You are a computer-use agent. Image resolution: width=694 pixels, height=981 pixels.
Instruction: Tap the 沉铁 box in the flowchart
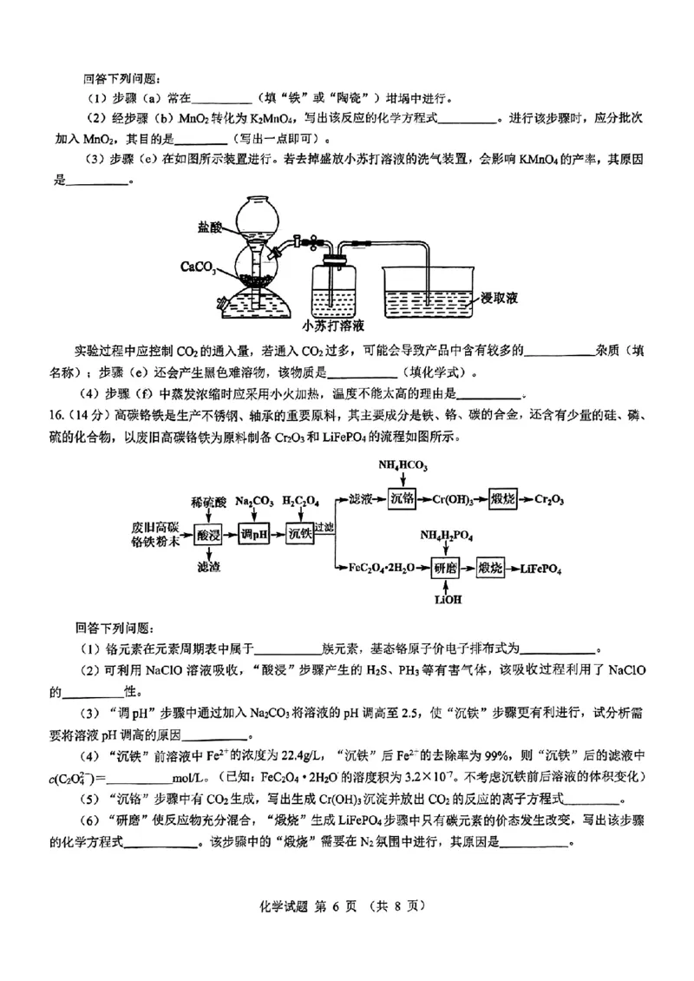coord(299,537)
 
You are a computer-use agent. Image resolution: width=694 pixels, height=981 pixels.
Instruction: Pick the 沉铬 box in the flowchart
coord(403,499)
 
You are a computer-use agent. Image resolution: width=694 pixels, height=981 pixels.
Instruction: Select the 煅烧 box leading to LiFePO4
coord(491,569)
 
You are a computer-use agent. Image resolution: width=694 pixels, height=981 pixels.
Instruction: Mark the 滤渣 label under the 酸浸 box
coord(209,569)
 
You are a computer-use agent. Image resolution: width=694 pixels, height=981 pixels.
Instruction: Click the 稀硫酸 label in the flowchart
coord(209,502)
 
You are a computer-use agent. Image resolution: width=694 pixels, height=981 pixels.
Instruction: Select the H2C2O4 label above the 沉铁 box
coord(299,502)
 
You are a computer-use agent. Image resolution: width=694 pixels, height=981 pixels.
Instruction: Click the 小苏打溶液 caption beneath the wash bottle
coord(333,326)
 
